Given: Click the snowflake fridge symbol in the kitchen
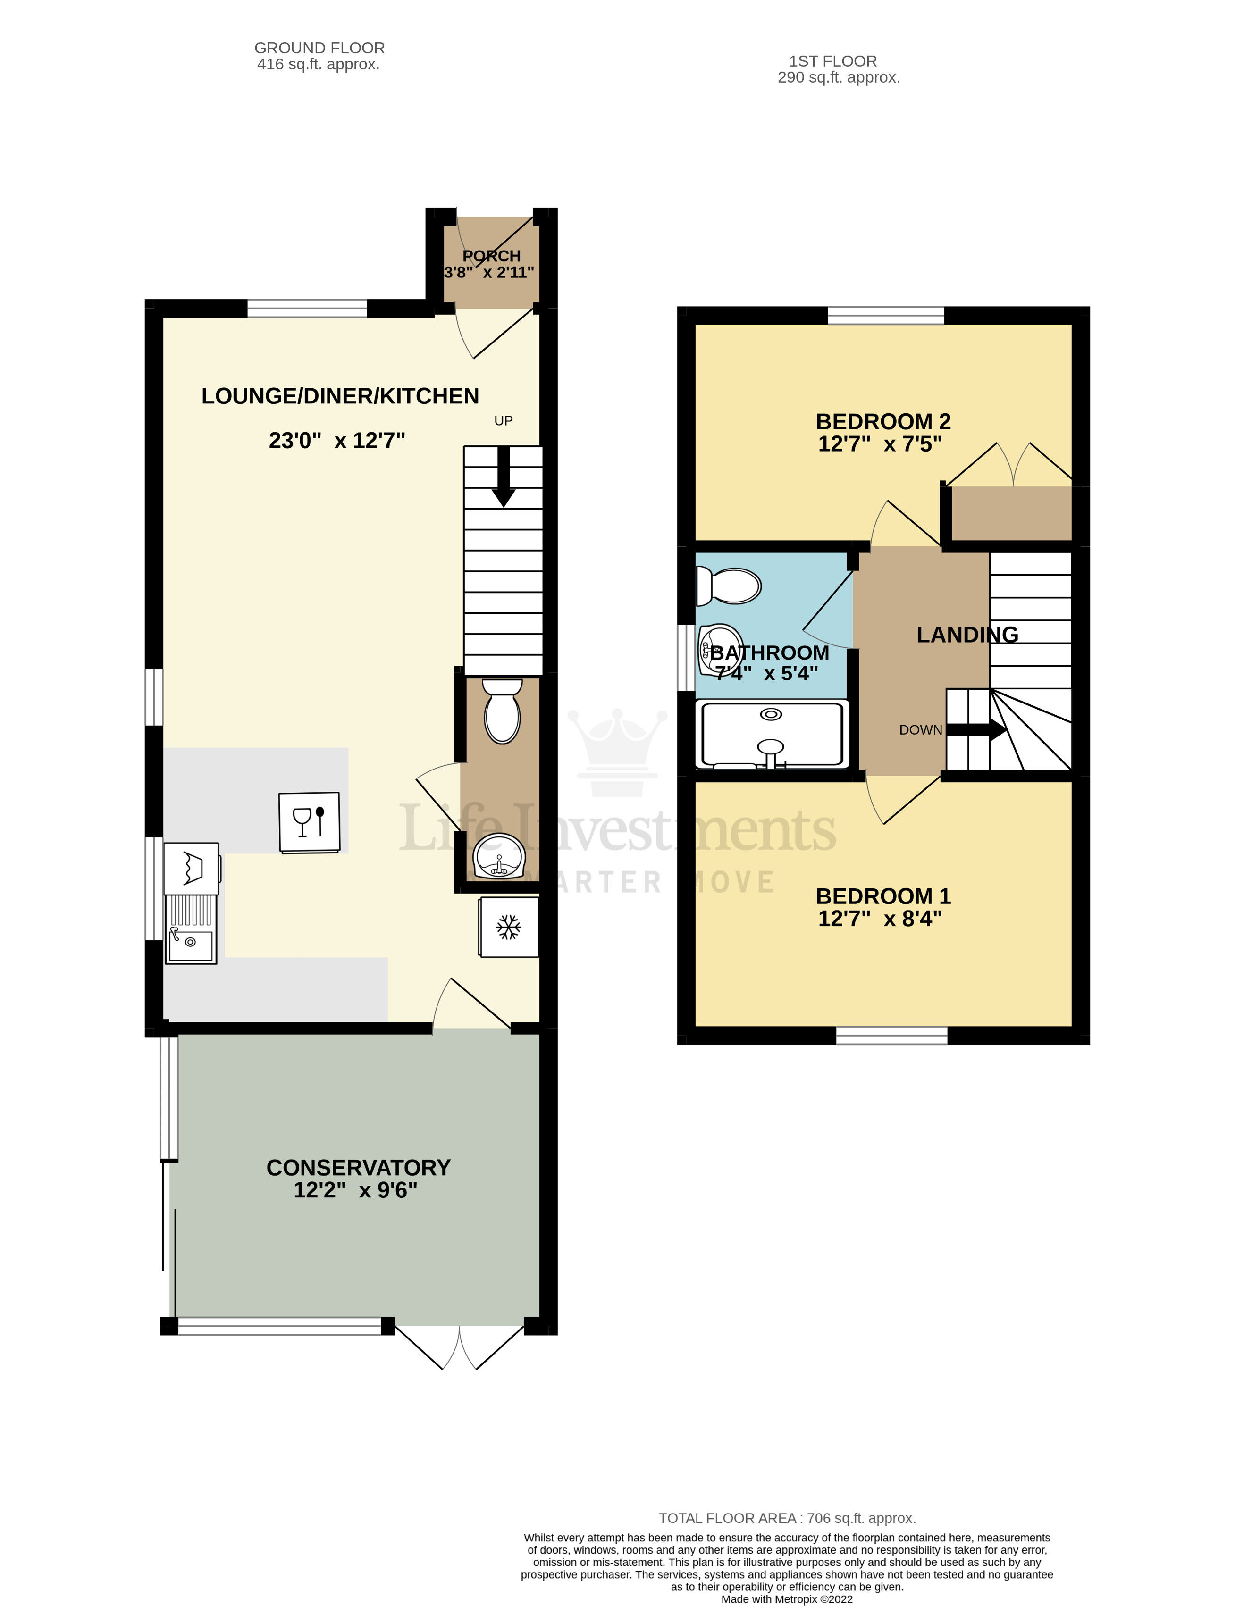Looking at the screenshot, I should click(x=508, y=927).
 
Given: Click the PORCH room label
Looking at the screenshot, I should click(x=491, y=256).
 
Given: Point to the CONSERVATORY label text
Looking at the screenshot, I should click(x=358, y=1167).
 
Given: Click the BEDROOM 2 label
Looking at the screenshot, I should click(x=883, y=421).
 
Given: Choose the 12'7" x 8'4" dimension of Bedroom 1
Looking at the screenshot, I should click(x=880, y=919).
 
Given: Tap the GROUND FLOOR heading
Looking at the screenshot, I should click(x=319, y=48).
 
